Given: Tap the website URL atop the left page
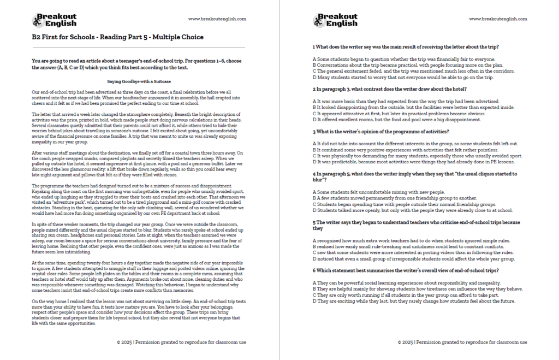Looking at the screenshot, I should [x=217, y=19].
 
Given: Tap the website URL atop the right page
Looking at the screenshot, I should [x=498, y=19].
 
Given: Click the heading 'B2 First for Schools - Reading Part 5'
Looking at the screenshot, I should [x=117, y=37].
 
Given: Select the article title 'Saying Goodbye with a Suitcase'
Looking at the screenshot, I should [x=139, y=81].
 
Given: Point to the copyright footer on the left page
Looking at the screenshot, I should [x=181, y=342].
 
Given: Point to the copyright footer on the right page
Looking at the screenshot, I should [x=462, y=342].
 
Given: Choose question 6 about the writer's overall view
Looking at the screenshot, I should [x=405, y=270].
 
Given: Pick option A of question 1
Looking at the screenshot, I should [x=403, y=59].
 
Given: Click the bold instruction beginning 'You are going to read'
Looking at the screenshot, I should [x=138, y=64].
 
